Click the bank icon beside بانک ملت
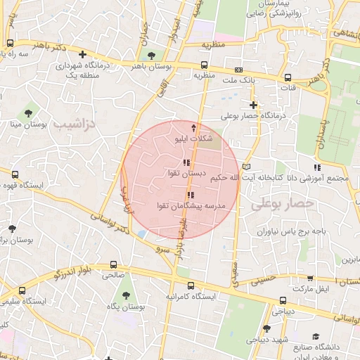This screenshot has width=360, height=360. tap(239, 70)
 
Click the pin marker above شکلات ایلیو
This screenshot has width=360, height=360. tap(195, 129)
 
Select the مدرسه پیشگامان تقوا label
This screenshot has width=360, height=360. tap(190, 205)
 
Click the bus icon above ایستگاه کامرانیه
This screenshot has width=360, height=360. tap(190, 285)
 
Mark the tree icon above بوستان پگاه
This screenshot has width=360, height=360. tap(126, 296)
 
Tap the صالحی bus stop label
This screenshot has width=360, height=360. tap(113, 276)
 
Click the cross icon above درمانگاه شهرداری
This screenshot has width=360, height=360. tap(83, 53)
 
